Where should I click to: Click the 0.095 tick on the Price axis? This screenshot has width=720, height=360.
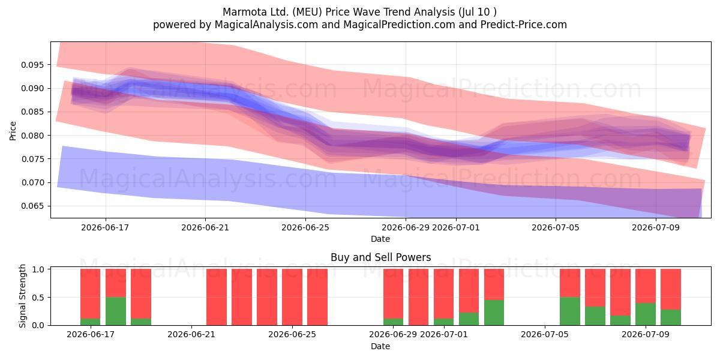pyautogui.click(x=32, y=65)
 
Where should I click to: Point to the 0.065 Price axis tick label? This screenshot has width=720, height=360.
pyautogui.click(x=32, y=206)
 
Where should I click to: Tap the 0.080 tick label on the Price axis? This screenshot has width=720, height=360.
pyautogui.click(x=32, y=136)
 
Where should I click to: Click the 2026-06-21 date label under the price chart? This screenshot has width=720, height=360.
pyautogui.click(x=205, y=227)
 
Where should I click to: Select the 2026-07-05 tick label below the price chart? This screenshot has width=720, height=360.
pyautogui.click(x=556, y=227)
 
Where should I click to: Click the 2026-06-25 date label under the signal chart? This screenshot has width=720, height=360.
pyautogui.click(x=292, y=334)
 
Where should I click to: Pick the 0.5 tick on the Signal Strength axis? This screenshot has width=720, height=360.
pyautogui.click(x=38, y=298)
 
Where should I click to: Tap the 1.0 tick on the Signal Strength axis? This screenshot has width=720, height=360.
pyautogui.click(x=38, y=269)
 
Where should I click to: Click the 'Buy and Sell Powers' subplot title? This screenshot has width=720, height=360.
pyautogui.click(x=380, y=257)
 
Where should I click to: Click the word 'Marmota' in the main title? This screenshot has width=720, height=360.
pyautogui.click(x=240, y=12)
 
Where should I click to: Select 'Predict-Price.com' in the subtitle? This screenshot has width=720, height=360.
pyautogui.click(x=524, y=25)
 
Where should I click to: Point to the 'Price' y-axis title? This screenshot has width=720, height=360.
pyautogui.click(x=13, y=131)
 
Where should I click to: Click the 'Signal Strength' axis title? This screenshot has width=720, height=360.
pyautogui.click(x=22, y=296)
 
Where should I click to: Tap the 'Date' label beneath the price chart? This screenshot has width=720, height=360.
pyautogui.click(x=380, y=239)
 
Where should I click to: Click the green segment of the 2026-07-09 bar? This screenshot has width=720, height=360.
pyautogui.click(x=646, y=314)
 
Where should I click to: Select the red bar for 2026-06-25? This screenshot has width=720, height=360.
pyautogui.click(x=292, y=297)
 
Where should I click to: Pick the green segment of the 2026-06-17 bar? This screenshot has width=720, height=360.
pyautogui.click(x=91, y=322)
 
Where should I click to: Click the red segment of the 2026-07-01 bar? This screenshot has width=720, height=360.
pyautogui.click(x=443, y=294)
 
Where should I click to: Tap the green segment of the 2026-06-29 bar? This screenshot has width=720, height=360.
pyautogui.click(x=393, y=322)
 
